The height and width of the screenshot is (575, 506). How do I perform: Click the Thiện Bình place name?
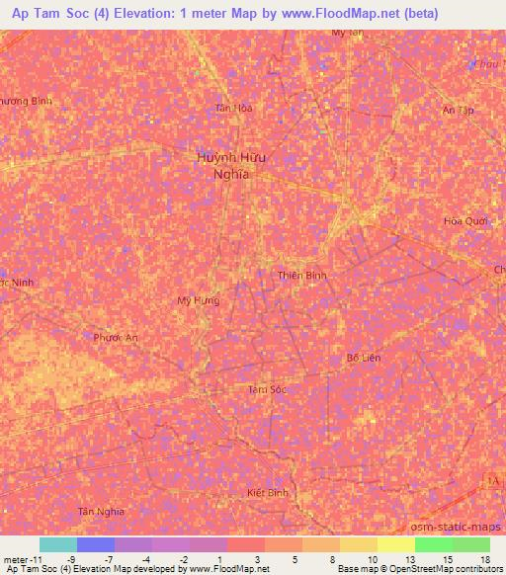[x=301, y=276]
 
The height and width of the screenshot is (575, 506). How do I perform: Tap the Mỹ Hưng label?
[x=198, y=300]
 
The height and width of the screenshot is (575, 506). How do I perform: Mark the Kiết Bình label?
[x=267, y=491]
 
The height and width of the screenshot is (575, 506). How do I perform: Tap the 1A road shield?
[x=491, y=480]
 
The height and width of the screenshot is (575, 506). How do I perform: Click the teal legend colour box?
[x=58, y=544]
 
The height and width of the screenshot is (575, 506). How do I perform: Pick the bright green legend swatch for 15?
[x=434, y=544]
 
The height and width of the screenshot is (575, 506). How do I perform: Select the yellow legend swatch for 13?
[x=396, y=544]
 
